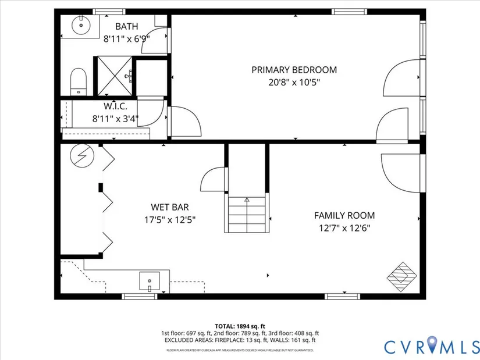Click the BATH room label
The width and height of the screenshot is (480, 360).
click(x=127, y=27)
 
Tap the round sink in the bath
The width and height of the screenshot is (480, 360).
click(x=81, y=25)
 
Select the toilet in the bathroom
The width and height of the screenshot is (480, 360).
click(x=79, y=81)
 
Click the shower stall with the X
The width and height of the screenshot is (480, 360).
click(x=115, y=76)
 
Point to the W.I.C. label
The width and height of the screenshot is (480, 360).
click(x=115, y=106)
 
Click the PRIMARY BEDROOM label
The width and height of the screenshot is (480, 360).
click(x=294, y=70)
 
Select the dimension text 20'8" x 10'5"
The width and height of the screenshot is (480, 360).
click(x=294, y=83)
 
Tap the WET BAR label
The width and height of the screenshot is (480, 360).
click(x=170, y=207)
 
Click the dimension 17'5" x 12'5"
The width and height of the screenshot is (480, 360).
click(x=170, y=220)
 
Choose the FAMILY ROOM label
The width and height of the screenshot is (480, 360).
click(x=344, y=216)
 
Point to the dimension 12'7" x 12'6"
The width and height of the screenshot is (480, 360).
click(x=344, y=228)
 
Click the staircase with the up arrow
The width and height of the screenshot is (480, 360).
click(x=247, y=214)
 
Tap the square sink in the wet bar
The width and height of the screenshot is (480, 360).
click(x=150, y=281)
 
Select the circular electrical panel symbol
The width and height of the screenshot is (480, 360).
click(x=81, y=155)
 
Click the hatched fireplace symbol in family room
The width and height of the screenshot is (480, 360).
click(x=402, y=277)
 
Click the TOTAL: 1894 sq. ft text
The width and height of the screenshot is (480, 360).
click(x=240, y=326)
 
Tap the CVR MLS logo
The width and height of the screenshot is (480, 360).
click(x=432, y=347)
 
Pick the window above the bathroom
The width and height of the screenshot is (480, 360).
click(x=109, y=12)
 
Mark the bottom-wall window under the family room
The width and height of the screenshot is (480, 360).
click(x=342, y=297)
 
